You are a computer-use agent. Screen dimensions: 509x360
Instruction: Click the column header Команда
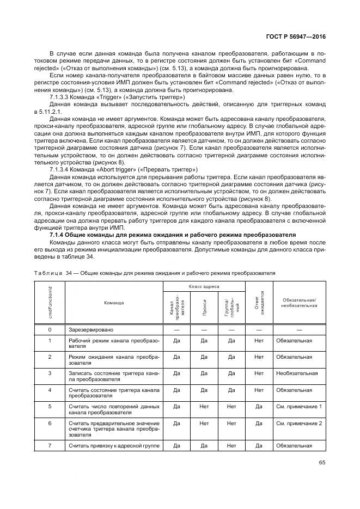click(114, 302)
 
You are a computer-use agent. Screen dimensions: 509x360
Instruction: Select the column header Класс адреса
click(204, 286)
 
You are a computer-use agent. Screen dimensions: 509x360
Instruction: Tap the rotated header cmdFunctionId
click(50, 302)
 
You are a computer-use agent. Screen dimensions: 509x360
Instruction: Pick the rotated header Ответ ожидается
click(259, 302)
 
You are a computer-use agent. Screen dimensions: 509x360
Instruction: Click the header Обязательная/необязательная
click(299, 302)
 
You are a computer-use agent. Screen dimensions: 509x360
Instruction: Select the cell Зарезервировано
click(90, 330)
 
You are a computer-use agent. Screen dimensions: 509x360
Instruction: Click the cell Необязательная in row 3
click(297, 373)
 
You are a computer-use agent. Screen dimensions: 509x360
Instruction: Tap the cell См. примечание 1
click(299, 406)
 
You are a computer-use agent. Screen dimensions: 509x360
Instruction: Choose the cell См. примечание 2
click(299, 423)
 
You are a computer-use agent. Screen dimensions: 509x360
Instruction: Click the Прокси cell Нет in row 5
click(204, 406)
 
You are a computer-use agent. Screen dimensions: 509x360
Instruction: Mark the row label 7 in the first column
click(50, 446)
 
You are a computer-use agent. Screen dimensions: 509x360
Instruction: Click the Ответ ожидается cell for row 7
click(259, 446)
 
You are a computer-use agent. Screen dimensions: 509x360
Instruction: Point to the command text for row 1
click(114, 343)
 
